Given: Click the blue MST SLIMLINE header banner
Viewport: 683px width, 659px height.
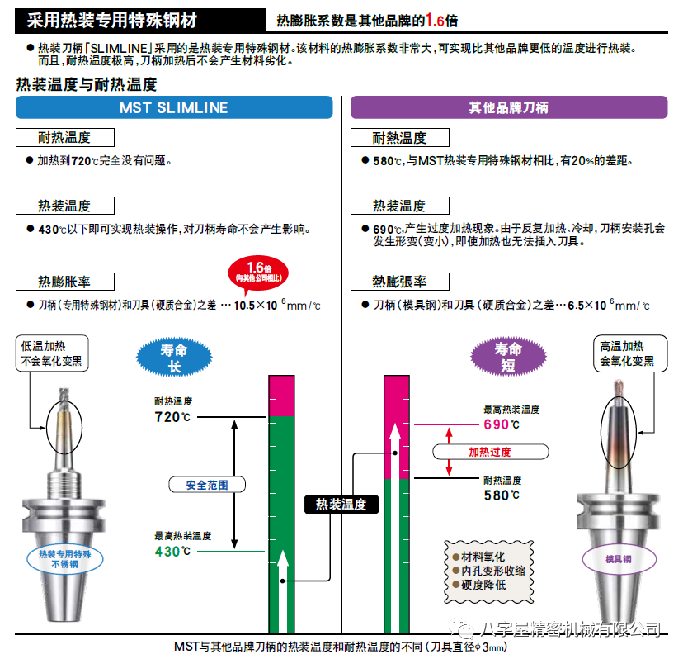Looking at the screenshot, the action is coord(174,107).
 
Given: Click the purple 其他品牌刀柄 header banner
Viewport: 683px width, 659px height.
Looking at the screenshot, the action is coord(509,107).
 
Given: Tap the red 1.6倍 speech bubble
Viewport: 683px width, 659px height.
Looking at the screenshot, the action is coord(258,273).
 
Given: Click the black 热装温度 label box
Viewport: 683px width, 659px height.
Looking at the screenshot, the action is coord(341,505).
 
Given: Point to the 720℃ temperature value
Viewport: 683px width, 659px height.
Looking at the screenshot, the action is coord(172,417).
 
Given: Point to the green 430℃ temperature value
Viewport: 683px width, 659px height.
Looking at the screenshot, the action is coord(172,552).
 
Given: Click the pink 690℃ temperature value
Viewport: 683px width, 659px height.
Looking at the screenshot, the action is coord(502,424).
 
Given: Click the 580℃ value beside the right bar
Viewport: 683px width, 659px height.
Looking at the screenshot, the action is coord(502,495).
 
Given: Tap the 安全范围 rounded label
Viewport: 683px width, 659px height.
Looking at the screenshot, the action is coord(207,485).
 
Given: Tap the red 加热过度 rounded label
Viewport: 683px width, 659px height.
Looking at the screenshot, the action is coord(490,452).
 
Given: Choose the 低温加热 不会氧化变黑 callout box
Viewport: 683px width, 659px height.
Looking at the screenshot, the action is coord(52,353).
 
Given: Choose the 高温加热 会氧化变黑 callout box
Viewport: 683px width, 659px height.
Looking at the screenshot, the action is coord(630,353).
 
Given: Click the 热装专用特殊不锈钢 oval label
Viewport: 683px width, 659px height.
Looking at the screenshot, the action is coord(65,559).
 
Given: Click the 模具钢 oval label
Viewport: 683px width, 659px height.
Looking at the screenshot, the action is coord(619,559).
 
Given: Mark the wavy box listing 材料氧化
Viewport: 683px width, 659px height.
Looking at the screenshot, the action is coord(488,571).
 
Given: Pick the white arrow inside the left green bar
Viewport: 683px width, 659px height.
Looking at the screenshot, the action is coord(283,591).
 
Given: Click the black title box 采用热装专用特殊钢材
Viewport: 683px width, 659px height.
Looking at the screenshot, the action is coord(140,20).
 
